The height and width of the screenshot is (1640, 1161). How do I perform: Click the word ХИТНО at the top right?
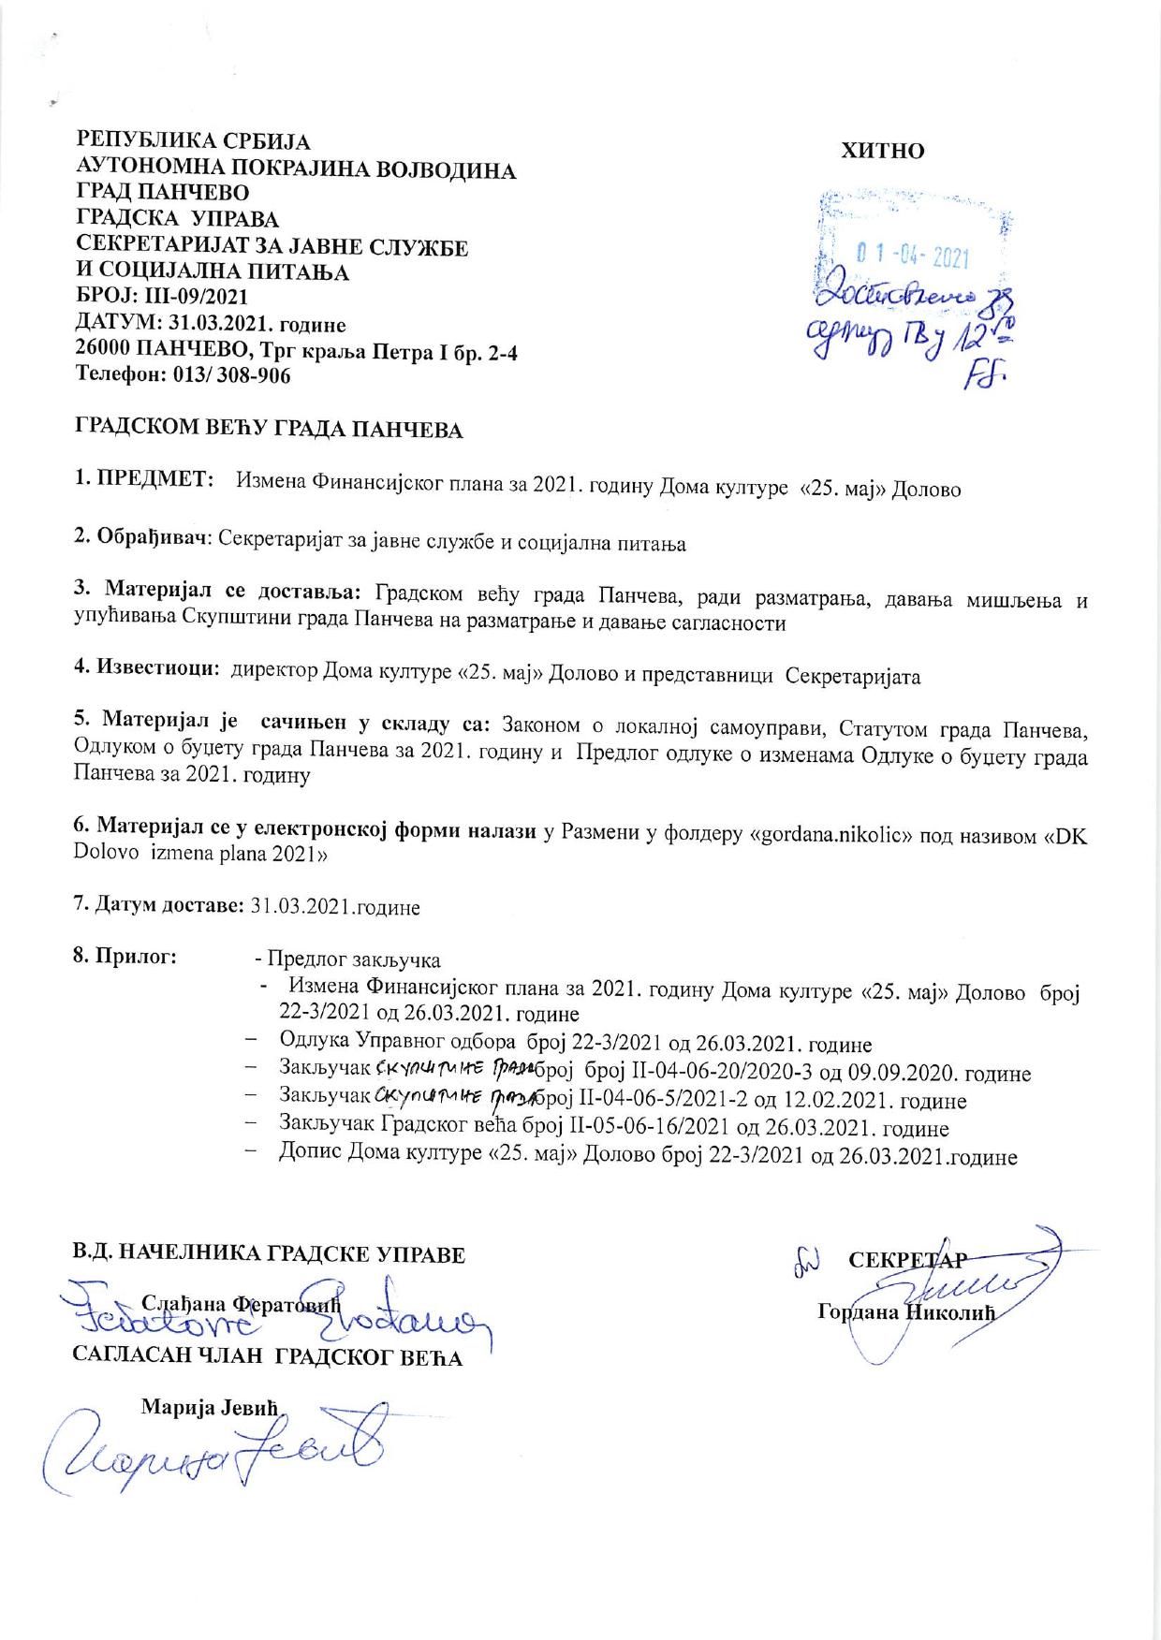pos(883,151)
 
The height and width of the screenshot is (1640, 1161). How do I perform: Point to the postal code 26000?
pos(105,350)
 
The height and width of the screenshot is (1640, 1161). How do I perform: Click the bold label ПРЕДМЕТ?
pos(152,480)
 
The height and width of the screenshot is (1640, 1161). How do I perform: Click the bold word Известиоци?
pos(154,668)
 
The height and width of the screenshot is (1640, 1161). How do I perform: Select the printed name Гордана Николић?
pos(904,1311)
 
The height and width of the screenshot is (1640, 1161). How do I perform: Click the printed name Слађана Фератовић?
pos(241,1302)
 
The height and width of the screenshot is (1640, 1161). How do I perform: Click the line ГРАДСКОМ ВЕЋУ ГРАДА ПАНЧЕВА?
pos(269,430)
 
